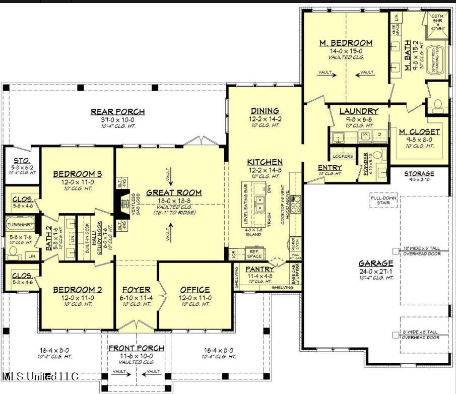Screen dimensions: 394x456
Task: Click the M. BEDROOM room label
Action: [346, 43]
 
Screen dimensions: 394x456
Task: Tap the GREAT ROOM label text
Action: [174, 192]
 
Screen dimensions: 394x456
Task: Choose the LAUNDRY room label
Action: [359, 111]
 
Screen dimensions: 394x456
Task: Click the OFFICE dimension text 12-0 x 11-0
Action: [195, 298]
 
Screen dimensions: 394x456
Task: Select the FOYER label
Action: [137, 290]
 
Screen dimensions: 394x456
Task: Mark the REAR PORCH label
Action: [118, 112]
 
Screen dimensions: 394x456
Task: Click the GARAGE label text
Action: [376, 263]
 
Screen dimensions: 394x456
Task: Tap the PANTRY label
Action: [260, 270]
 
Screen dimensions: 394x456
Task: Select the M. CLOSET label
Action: [419, 132]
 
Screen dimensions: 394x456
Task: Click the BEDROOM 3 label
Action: [78, 174]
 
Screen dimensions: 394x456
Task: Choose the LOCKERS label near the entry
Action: [343, 156]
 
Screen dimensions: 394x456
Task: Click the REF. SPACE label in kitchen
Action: [254, 252]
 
